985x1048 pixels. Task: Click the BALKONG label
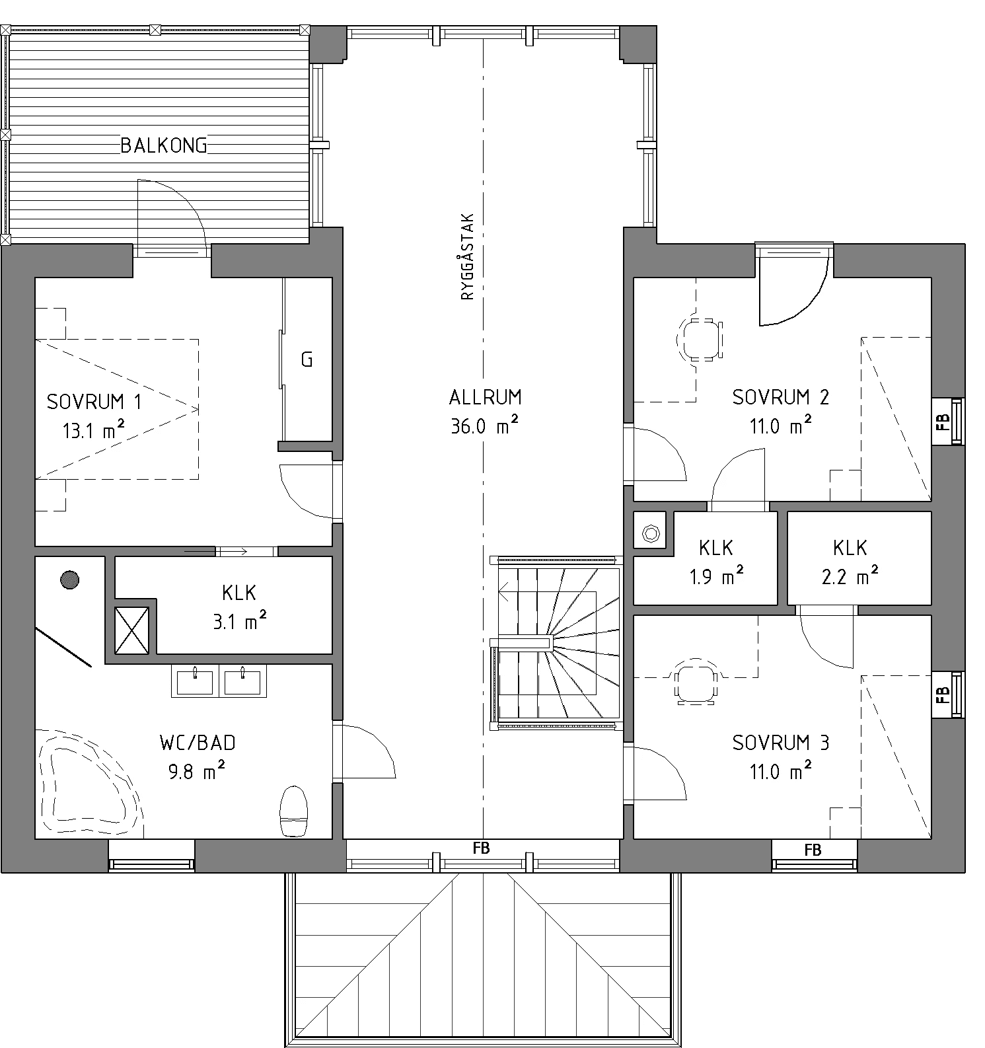point(164,145)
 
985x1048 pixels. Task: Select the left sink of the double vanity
point(196,681)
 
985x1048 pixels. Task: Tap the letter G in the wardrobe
point(307,359)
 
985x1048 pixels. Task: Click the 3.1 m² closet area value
point(239,621)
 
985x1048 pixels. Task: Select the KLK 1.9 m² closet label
point(716,548)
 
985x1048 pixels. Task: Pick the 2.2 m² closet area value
point(850,578)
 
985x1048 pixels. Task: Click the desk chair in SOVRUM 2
point(700,339)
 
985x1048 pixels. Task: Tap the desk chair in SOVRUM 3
point(695,681)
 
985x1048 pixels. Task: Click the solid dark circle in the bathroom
point(69,580)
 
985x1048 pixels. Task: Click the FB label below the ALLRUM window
point(482,848)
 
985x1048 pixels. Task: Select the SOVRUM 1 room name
point(94,401)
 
